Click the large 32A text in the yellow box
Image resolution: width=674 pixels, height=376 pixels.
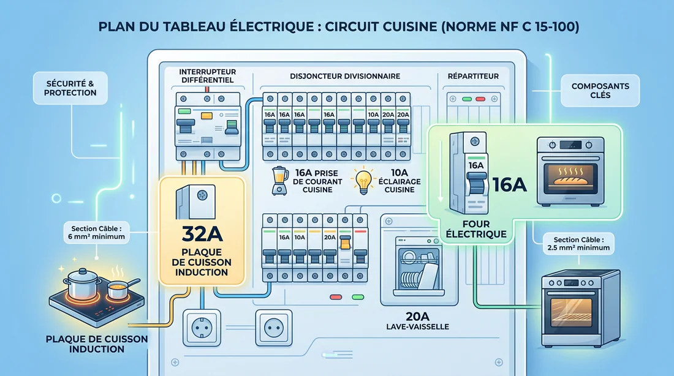tap(202, 234)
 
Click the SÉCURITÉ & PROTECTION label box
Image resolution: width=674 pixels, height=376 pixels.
tap(70, 88)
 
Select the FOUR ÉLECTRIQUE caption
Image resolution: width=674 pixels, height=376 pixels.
tap(485, 228)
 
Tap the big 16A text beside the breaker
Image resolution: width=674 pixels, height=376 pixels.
tap(509, 184)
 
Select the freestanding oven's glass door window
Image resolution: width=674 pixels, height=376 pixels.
tap(570, 312)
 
